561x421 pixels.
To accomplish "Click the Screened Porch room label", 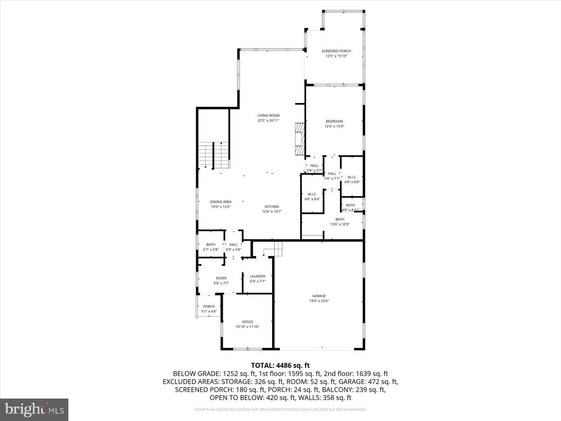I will (x=336, y=51).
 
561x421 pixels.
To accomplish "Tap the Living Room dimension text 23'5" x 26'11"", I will (x=268, y=120).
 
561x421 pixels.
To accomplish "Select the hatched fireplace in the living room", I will (x=299, y=139).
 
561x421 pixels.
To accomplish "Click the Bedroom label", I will (x=334, y=121).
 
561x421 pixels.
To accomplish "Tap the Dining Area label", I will (x=221, y=202).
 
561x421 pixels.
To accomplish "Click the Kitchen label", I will (x=271, y=207).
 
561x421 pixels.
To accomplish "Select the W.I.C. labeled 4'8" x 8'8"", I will (x=352, y=177).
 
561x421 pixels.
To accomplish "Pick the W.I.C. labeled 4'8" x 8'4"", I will (x=312, y=194).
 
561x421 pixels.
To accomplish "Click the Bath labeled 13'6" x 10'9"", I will (x=339, y=219).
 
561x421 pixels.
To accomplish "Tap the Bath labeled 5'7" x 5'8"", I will (x=211, y=245).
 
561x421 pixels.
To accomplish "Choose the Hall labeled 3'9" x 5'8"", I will (x=233, y=245).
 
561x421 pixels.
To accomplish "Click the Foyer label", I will (x=221, y=278).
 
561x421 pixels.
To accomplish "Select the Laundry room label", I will (x=257, y=276).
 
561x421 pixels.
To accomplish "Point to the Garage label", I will (x=319, y=296).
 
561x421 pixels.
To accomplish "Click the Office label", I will (x=247, y=322).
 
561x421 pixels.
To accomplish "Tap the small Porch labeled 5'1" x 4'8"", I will (x=209, y=306).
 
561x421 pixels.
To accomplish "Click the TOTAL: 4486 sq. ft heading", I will (x=280, y=366).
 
